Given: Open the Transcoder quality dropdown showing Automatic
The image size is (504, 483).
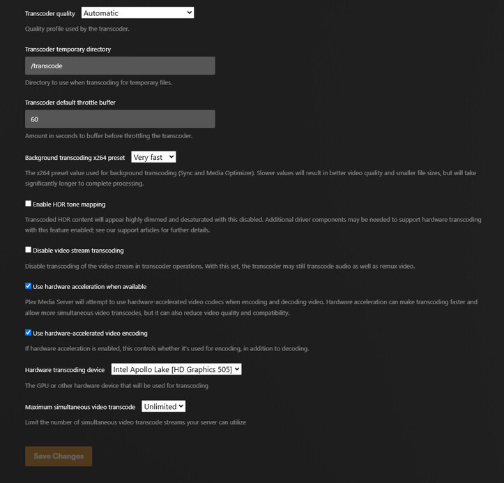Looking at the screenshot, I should click(137, 13).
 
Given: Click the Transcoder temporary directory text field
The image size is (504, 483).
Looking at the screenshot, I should click(120, 66).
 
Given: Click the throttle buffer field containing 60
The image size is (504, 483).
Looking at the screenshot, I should click(120, 119).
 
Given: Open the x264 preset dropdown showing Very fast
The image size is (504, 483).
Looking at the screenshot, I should click(153, 158).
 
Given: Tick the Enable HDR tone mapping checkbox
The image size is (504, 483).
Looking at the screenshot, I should click(29, 204).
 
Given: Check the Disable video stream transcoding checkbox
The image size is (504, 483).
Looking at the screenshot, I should click(29, 250).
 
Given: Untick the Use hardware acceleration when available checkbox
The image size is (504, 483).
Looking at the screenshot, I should click(29, 286).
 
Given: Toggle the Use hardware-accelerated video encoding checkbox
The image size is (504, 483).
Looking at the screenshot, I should click(29, 333).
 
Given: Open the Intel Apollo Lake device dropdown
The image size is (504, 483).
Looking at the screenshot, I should click(176, 369).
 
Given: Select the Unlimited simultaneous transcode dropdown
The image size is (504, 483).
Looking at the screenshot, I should click(163, 406).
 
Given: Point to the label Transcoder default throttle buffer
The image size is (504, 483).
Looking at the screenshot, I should click(70, 103).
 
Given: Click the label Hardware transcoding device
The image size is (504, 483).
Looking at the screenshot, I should click(65, 370).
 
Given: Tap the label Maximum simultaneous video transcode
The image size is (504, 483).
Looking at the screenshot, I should click(80, 407).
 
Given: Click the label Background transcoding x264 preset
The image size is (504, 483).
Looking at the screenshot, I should click(75, 158).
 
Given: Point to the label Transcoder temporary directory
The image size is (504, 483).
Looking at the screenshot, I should click(68, 50).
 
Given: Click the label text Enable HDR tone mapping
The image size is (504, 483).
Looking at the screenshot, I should click(69, 205).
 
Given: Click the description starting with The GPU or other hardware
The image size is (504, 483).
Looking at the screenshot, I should click(116, 385).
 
